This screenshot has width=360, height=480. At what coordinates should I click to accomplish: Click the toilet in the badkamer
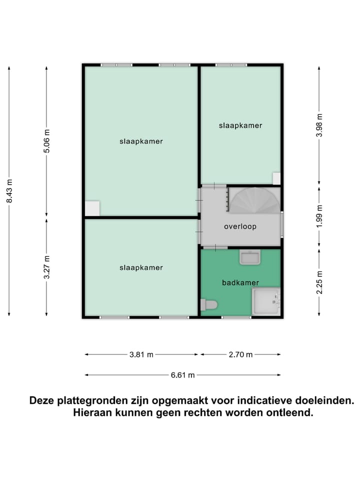point(209,304)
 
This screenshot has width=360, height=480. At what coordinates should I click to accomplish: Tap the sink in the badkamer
point(249,257)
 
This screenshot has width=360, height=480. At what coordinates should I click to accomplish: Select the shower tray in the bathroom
point(266,301)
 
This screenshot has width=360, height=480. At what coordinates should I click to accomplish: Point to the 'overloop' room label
point(240,226)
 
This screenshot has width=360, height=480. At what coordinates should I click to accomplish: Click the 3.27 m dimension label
point(46,267)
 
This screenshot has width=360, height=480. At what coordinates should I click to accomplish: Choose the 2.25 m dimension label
point(319,281)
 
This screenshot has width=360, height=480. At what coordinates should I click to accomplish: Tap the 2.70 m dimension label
point(240,354)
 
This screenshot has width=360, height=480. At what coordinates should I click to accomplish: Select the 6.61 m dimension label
point(182,375)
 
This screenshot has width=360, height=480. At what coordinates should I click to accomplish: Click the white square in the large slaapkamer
point(92,208)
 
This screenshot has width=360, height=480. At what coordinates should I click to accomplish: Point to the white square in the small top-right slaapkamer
point(276,178)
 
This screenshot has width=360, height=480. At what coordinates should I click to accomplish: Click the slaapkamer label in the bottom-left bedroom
point(141,268)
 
